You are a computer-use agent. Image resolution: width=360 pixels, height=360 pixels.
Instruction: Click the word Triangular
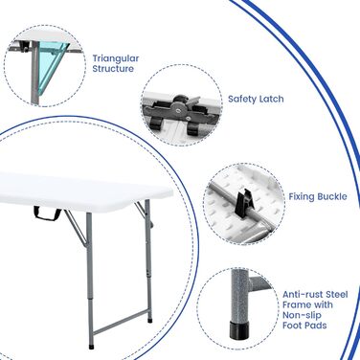pyautogui.click(x=116, y=58)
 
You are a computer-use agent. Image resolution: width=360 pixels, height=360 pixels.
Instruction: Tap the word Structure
pyautogui.click(x=113, y=69)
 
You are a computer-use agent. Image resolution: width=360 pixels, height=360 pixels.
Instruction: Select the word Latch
pyautogui.click(x=270, y=99)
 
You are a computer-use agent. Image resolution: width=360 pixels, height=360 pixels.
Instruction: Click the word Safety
pyautogui.click(x=241, y=100)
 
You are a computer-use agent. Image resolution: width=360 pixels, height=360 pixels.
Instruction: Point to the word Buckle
pyautogui.click(x=331, y=196)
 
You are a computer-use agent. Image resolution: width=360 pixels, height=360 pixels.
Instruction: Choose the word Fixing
pyautogui.click(x=302, y=197)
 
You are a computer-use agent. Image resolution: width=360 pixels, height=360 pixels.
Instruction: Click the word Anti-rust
pyautogui.click(x=302, y=294)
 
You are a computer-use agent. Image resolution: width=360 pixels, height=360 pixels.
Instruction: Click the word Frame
pyautogui.click(x=296, y=304)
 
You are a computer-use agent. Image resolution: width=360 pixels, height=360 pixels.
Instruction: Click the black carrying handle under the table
pyautogui.click(x=47, y=214)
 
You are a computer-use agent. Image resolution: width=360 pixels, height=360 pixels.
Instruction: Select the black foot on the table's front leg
pyautogui.click(x=92, y=346)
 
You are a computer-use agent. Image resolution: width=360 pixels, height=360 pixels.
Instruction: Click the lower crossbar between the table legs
pyautogui.click(x=122, y=323)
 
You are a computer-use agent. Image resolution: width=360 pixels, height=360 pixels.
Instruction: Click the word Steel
pyautogui.click(x=335, y=294)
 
